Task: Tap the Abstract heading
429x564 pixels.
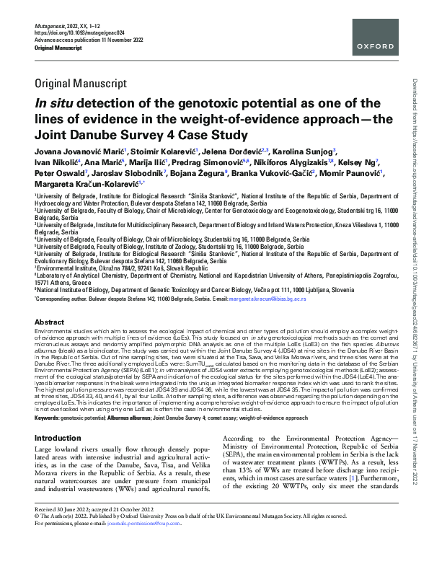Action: click(x=50, y=322)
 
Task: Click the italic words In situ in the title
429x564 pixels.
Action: click(x=59, y=103)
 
